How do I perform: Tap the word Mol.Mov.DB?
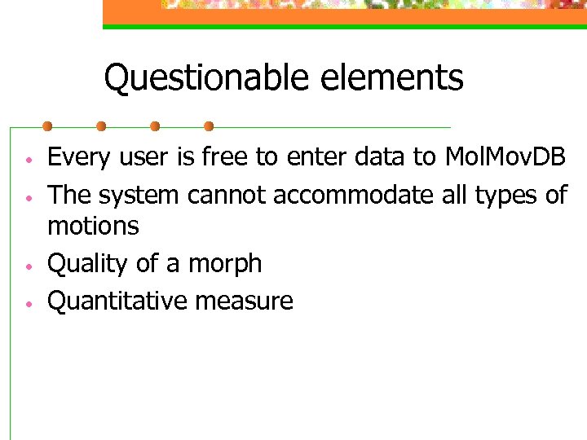point(505,157)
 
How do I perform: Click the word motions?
point(93,226)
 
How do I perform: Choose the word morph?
point(225,264)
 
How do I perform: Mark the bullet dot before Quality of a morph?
point(28,265)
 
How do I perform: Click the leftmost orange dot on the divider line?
point(47,126)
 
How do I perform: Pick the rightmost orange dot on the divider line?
point(209,126)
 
